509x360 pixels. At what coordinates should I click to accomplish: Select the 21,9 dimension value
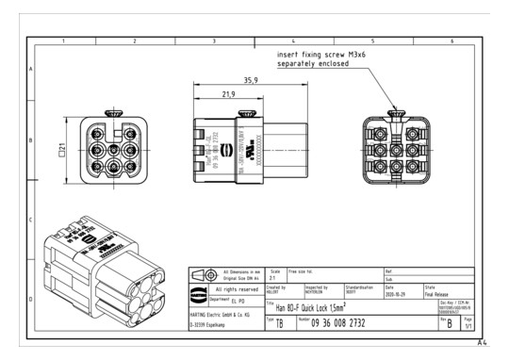click(226, 95)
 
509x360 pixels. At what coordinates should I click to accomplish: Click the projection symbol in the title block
click(205, 275)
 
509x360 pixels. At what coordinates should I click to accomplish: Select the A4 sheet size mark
click(483, 344)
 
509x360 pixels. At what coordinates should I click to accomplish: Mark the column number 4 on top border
click(292, 41)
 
